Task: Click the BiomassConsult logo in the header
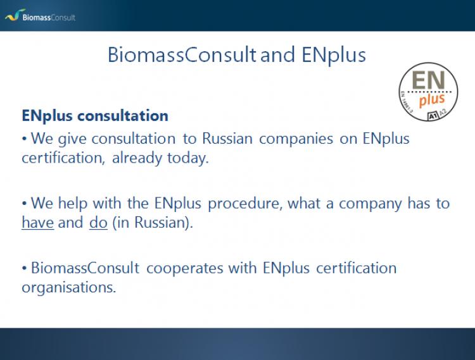point(40,16)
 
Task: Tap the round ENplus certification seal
point(428,92)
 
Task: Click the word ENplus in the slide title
point(334,56)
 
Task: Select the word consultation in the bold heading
point(123,116)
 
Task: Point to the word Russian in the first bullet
point(227,139)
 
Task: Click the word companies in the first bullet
point(296,139)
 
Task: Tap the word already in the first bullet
point(137,158)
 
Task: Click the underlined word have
point(38,223)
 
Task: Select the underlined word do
point(98,223)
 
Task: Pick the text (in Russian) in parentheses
point(153,223)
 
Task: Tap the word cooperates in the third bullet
point(185,268)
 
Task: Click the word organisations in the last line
point(69,288)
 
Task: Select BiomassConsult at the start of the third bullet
point(85,268)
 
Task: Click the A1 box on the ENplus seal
point(433,116)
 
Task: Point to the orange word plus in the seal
point(432,100)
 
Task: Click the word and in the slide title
point(277,56)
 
